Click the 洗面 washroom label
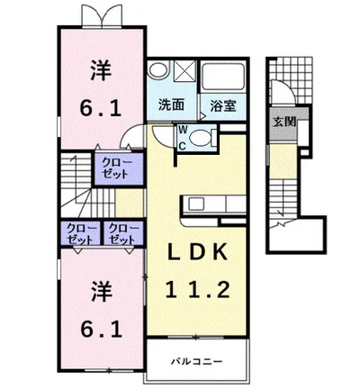[171, 104]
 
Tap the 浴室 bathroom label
[223, 105]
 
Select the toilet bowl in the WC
[201, 138]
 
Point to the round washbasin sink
[158, 69]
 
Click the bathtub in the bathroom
[223, 76]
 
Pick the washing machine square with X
[184, 71]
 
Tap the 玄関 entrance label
[283, 122]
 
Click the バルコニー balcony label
[196, 361]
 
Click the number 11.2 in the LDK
[197, 290]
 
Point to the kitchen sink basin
[196, 204]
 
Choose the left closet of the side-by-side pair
[81, 234]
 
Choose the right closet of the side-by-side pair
[123, 234]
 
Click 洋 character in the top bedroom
[101, 70]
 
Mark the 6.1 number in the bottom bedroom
[101, 329]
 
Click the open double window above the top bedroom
[102, 16]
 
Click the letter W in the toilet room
[184, 130]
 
